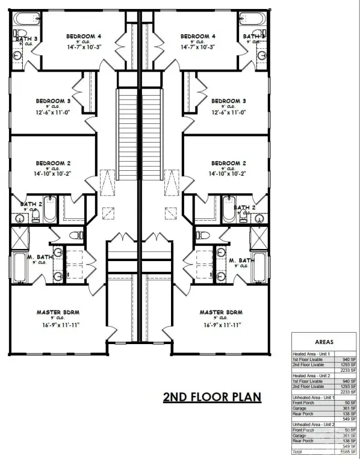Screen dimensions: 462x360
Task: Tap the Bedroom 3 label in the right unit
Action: [228, 101]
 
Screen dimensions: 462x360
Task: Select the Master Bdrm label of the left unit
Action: [58, 313]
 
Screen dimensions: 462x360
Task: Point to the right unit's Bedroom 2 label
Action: [228, 163]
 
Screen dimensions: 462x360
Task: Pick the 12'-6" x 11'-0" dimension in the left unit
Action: [53, 112]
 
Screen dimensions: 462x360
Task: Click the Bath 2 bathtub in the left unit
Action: [49, 209]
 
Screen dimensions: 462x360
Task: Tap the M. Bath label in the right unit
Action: [239, 260]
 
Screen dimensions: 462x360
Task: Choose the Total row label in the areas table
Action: [298, 451]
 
